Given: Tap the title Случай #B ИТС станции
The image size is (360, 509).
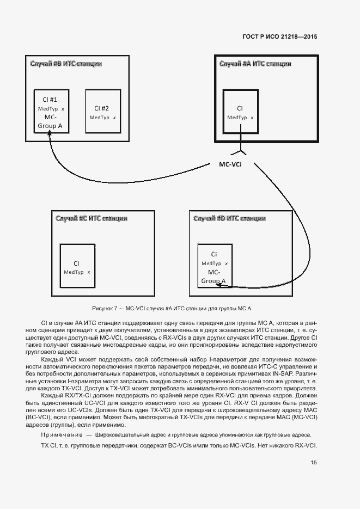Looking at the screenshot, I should coord(65,64).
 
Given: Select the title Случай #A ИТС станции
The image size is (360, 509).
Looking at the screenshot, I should coord(255,64).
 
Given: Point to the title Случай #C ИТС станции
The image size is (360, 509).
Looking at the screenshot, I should coord(91,218).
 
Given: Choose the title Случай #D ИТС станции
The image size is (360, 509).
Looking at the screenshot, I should coord(230,218).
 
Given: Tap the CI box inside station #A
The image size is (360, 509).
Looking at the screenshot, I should coord(240,112).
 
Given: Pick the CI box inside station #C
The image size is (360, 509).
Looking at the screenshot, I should coord(77,266).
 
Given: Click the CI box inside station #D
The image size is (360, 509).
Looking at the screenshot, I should coord(214,266).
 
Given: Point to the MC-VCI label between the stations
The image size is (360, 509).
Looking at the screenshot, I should coord(230,164).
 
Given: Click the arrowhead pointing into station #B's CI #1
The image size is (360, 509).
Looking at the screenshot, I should coord(50,136).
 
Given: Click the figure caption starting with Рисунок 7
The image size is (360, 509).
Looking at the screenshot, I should coord(172,308).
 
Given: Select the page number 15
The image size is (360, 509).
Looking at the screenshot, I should coord(314,463).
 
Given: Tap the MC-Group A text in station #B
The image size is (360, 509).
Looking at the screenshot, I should coord(50,122).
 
